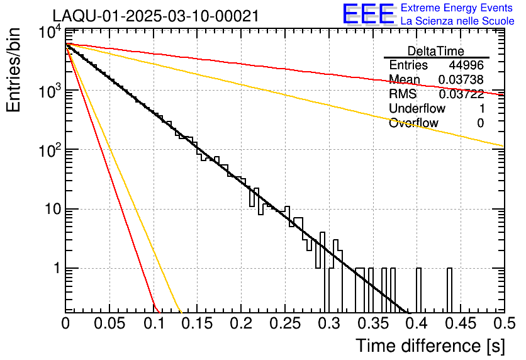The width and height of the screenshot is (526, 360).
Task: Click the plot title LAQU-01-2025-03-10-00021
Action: pyautogui.click(x=155, y=16)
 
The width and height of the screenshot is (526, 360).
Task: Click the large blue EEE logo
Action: pyautogui.click(x=368, y=14)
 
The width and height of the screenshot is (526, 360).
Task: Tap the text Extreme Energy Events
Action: pyautogui.click(x=457, y=8)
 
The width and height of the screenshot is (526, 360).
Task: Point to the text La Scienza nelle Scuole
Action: pyautogui.click(x=457, y=21)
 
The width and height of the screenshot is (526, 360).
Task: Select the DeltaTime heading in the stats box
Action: pyautogui.click(x=436, y=51)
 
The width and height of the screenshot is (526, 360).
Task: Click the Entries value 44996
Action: pyautogui.click(x=466, y=65)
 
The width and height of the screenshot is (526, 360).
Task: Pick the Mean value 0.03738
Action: pyautogui.click(x=461, y=79)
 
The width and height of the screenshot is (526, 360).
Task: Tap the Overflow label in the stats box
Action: pyautogui.click(x=413, y=123)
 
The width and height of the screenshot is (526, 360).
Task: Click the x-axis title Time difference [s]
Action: pyautogui.click(x=429, y=346)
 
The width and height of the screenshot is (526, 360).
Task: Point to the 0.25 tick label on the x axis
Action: pyautogui.click(x=285, y=325)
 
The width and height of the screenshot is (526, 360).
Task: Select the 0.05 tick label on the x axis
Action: pyautogui.click(x=109, y=325)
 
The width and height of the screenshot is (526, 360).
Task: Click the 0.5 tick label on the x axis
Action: pyautogui.click(x=503, y=325)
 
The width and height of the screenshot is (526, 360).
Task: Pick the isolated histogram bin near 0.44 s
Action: pyautogui.click(x=449, y=290)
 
